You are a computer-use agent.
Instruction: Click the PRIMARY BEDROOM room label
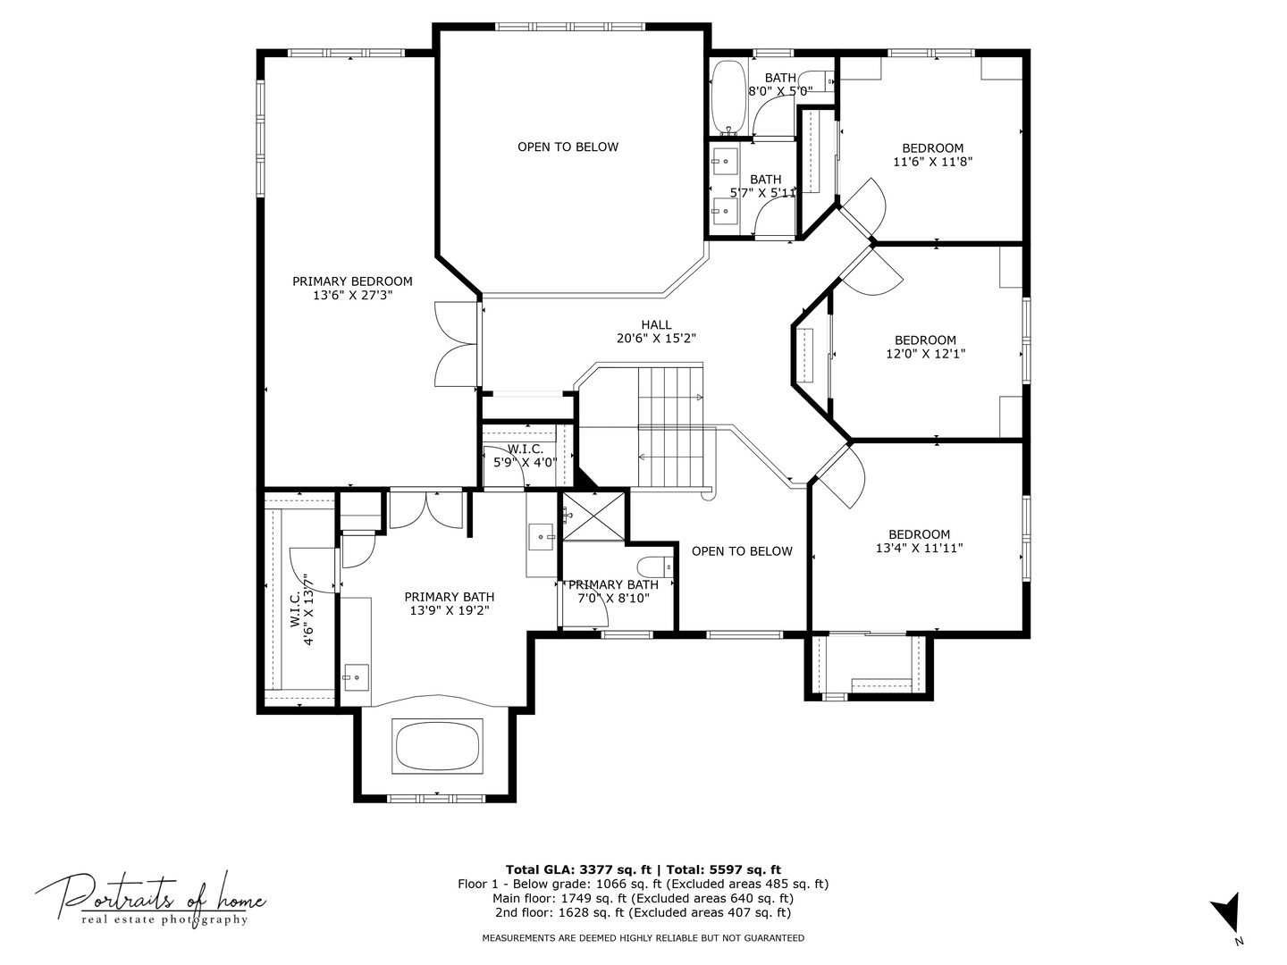352,281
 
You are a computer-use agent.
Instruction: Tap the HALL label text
656,324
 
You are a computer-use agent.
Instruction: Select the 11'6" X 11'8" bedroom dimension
932,162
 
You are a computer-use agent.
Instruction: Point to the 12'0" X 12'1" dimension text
925,354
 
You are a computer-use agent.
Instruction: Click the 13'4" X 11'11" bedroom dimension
919,549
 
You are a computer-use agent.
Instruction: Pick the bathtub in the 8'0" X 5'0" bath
728,97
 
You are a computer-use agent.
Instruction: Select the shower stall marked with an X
593,516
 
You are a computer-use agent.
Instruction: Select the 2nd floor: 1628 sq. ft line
643,912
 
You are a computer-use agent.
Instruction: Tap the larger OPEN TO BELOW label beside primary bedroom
568,147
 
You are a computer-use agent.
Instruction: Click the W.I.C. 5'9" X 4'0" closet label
525,456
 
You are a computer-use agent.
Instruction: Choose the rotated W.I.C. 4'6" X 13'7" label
301,609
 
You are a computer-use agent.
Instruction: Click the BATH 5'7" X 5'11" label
764,186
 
